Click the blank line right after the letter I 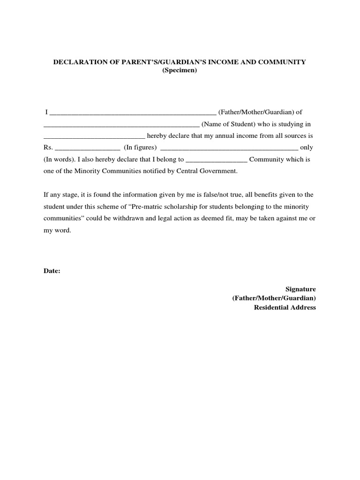133,113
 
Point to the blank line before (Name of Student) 121,125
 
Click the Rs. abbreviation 48,148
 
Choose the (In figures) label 140,148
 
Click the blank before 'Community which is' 216,160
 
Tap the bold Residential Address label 285,307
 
